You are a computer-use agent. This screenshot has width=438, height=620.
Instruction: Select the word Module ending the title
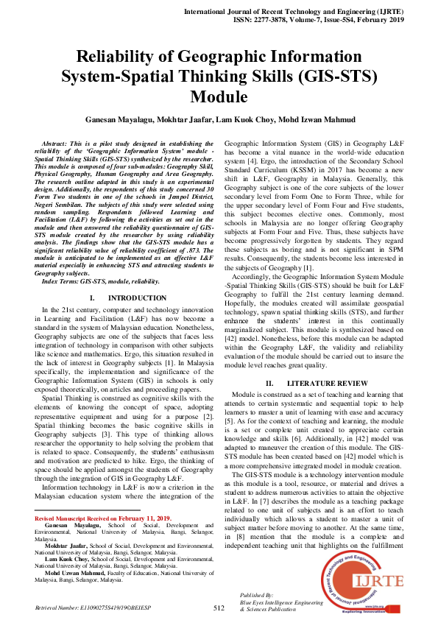click(x=219, y=96)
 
